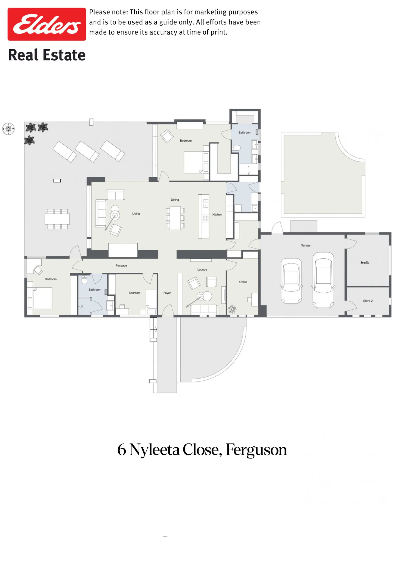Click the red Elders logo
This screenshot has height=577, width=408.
coord(47,24)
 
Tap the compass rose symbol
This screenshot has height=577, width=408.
coord(8,129)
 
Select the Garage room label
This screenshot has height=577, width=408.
coord(305,245)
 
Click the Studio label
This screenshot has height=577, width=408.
coord(365,262)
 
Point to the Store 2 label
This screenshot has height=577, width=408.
coord(368,301)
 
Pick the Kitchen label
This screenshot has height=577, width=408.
coord(217,215)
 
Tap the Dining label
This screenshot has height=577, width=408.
coord(175,200)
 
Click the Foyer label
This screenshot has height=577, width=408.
coord(167,293)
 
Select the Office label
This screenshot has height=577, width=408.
coord(243,282)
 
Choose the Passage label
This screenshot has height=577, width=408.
coord(121,266)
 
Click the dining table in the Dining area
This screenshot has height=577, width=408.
coord(175,218)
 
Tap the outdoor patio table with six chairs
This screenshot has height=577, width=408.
coord(57,219)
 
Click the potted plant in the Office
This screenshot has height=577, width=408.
coord(232,309)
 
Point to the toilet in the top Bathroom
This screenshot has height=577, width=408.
coord(236,148)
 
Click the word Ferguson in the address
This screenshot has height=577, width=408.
coord(256,450)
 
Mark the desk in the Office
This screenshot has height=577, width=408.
coord(255,299)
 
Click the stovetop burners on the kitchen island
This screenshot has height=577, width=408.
coord(206,218)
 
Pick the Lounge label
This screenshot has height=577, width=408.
coord(202,269)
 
